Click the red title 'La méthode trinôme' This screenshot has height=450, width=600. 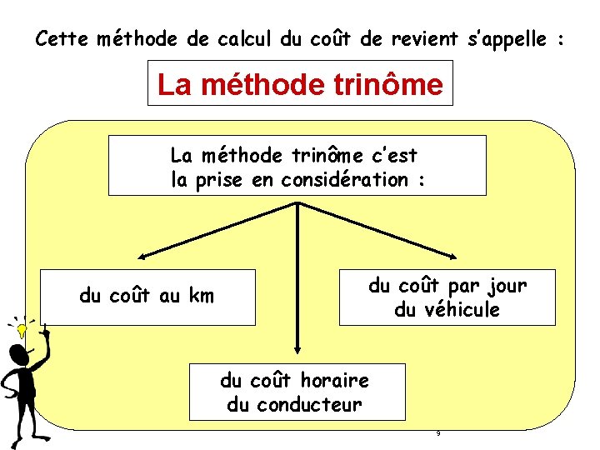[300, 84]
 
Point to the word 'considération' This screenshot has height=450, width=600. [345, 180]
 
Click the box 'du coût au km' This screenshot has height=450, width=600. [147, 296]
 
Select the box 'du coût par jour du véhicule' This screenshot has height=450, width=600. [447, 297]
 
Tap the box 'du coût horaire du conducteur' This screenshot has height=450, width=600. [297, 392]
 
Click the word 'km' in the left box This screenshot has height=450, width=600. [202, 295]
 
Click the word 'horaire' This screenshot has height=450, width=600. [333, 381]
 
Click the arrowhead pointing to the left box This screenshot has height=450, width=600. [143, 257]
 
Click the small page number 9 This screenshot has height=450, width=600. [437, 433]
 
